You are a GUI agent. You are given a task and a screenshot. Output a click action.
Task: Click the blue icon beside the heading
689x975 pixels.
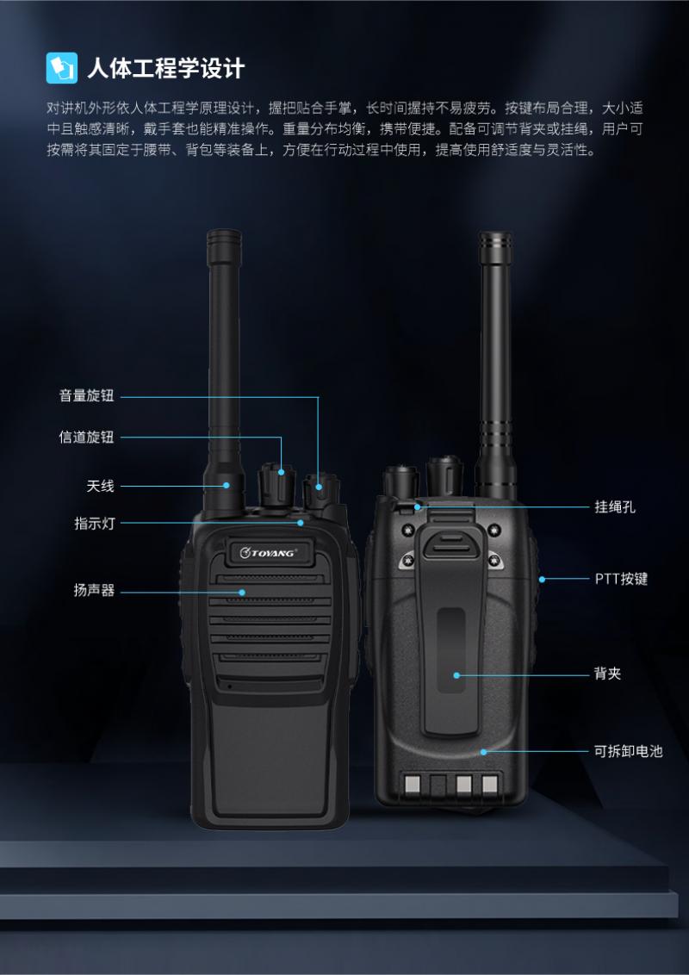point(61,68)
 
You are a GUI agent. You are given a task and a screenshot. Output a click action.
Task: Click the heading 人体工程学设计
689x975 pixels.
point(166,68)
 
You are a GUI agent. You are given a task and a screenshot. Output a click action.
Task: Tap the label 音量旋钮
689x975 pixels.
point(86,395)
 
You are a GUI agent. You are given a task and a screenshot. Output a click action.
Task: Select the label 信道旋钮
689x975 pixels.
point(86,438)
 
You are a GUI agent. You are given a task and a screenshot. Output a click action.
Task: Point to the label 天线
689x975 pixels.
point(100,486)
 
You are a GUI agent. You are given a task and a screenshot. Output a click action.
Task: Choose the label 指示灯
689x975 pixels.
point(95,523)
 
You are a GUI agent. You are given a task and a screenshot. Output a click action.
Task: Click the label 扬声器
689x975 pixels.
point(95,591)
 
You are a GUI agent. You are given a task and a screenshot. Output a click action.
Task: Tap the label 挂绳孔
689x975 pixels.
point(615,506)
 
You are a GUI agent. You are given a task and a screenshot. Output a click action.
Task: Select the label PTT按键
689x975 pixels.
point(621,579)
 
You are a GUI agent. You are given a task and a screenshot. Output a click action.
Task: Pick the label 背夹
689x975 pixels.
point(607,674)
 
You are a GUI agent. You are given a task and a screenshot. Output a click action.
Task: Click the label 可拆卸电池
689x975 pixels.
point(629,751)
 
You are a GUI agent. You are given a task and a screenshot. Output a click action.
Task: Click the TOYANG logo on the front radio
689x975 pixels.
point(269,552)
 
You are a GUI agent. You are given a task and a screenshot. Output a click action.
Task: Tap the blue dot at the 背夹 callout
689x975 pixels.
point(457,674)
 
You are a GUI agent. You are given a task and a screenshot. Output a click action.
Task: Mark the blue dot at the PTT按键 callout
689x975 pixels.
point(542,580)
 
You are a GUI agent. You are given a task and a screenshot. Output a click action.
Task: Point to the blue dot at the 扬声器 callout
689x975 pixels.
point(242,592)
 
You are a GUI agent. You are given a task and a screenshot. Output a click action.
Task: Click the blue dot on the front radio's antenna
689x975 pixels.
point(227,486)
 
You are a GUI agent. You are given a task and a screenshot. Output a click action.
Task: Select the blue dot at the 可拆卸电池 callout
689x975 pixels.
point(483,752)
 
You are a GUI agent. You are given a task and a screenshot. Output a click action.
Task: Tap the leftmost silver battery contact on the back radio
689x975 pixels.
point(412,784)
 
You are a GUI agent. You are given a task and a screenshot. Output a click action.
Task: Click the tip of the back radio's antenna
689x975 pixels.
point(495,233)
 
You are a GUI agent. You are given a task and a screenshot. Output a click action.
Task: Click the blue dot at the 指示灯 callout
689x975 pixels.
point(301,523)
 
